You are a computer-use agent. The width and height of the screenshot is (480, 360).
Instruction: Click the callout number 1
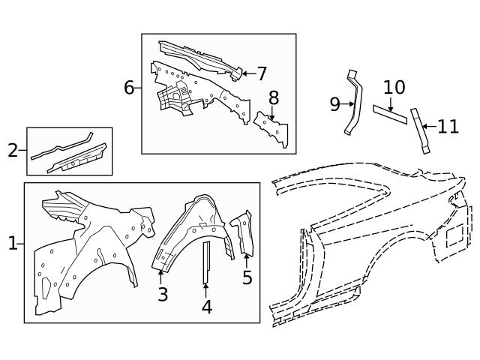[13, 244]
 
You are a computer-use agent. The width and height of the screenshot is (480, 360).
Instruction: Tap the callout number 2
[13, 150]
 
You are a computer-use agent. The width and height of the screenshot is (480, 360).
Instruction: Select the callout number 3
[163, 294]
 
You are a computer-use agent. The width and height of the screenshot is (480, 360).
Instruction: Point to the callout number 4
[207, 307]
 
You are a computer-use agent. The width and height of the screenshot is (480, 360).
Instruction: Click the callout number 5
[247, 277]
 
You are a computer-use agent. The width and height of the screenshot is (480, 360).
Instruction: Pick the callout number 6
[129, 88]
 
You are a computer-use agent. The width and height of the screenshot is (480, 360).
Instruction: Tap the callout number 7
[262, 73]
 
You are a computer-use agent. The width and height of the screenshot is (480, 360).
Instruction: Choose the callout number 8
[274, 98]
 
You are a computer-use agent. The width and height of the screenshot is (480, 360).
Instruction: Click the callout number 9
[335, 104]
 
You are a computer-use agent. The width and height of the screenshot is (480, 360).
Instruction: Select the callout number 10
[394, 87]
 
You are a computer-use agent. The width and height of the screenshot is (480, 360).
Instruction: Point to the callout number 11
[448, 127]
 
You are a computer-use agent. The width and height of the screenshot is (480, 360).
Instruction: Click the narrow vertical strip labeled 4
[207, 262]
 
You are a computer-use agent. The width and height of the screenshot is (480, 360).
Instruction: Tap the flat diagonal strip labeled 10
[390, 115]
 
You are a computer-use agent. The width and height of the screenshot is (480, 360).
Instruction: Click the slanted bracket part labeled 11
[420, 130]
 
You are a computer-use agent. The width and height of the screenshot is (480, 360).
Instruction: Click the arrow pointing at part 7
[249, 73]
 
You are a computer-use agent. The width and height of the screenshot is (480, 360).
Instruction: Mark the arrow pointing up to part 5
[247, 261]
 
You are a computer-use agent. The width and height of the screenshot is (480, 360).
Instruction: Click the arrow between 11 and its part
[429, 126]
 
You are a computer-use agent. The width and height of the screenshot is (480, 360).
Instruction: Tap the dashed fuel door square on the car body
[454, 235]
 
